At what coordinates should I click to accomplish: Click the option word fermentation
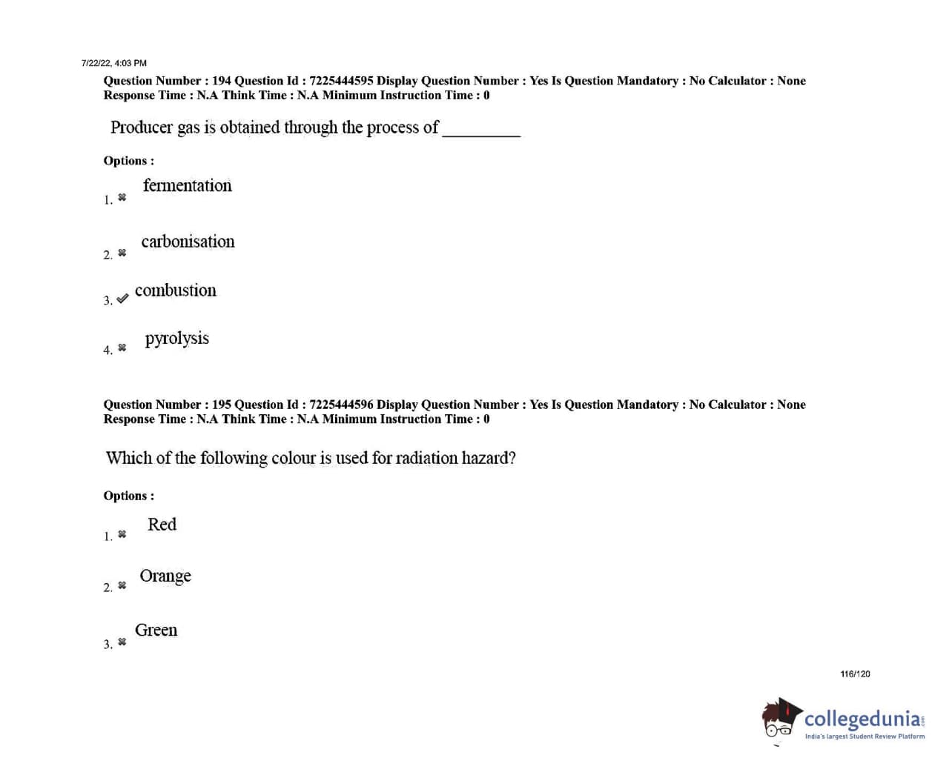[187, 185]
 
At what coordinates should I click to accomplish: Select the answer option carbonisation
[188, 242]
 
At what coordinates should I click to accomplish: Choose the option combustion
[176, 290]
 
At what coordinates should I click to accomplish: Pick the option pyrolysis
[176, 339]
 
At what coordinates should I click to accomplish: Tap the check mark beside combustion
[122, 299]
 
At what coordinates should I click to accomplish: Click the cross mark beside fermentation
[122, 198]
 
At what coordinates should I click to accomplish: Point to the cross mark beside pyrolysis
[122, 348]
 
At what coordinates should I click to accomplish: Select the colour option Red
[162, 525]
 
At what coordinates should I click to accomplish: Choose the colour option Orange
[165, 576]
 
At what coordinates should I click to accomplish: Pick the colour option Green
[156, 630]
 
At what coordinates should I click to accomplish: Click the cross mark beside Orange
[122, 586]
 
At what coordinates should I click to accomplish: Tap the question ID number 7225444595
[341, 81]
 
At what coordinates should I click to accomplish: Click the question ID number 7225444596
[341, 405]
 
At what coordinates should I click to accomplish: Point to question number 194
[222, 81]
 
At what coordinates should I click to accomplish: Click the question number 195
[222, 405]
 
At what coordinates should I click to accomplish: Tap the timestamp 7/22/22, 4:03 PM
[114, 63]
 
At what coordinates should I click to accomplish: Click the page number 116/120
[855, 673]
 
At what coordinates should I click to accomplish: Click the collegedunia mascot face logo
[779, 719]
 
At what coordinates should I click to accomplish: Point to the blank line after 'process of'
[481, 130]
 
